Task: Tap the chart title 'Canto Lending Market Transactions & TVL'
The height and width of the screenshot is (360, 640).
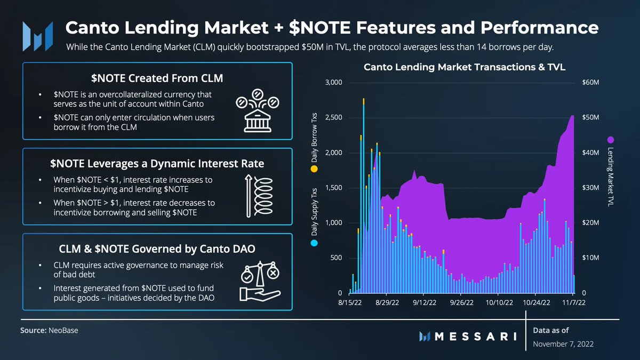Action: [x=464, y=68]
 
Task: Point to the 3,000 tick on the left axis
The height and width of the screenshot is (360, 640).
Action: [x=333, y=83]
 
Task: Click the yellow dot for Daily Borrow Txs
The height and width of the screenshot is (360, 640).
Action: [x=314, y=169]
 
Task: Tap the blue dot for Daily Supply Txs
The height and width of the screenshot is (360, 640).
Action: [x=314, y=243]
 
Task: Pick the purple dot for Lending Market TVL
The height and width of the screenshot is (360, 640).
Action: [x=611, y=139]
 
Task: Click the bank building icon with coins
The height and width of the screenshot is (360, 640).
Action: [x=258, y=110]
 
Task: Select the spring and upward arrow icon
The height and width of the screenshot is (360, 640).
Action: [x=258, y=196]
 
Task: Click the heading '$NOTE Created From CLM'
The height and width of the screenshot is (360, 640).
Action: [x=157, y=78]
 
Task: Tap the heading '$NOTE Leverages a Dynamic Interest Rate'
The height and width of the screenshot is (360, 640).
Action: [x=157, y=163]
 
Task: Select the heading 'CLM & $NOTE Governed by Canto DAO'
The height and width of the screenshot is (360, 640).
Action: [x=157, y=249]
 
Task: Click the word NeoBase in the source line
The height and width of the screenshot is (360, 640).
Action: [x=63, y=331]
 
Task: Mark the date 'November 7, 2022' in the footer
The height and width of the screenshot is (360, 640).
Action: [x=563, y=344]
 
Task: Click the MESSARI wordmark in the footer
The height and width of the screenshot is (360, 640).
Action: [x=475, y=336]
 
